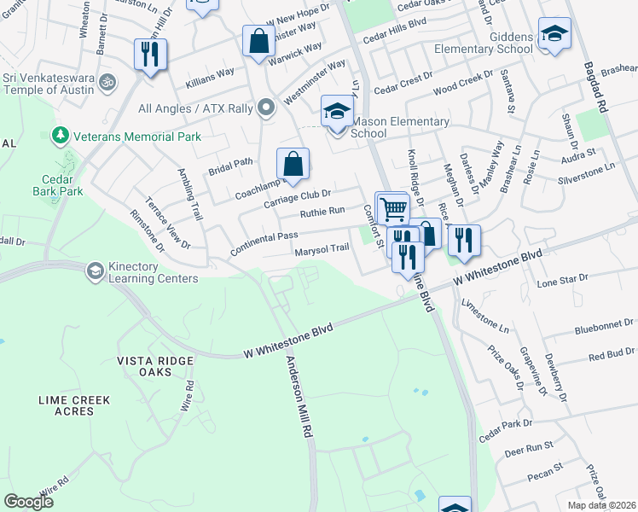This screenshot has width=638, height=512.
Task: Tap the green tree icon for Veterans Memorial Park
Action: pyautogui.click(x=60, y=136)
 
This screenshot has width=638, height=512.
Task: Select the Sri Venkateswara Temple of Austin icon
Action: pyautogui.click(x=107, y=83)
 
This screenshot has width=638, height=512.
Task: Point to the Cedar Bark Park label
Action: pyautogui.click(x=61, y=185)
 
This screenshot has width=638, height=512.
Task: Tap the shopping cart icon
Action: pyautogui.click(x=392, y=208)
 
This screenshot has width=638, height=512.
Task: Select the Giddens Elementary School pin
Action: pyautogui.click(x=554, y=35)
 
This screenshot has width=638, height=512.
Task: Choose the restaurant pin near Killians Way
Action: pyautogui.click(x=150, y=55)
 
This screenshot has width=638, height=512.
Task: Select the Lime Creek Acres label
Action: pyautogui.click(x=78, y=405)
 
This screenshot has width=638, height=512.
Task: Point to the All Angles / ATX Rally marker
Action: pyautogui.click(x=266, y=108)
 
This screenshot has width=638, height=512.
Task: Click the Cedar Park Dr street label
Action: pyautogui.click(x=505, y=429)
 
